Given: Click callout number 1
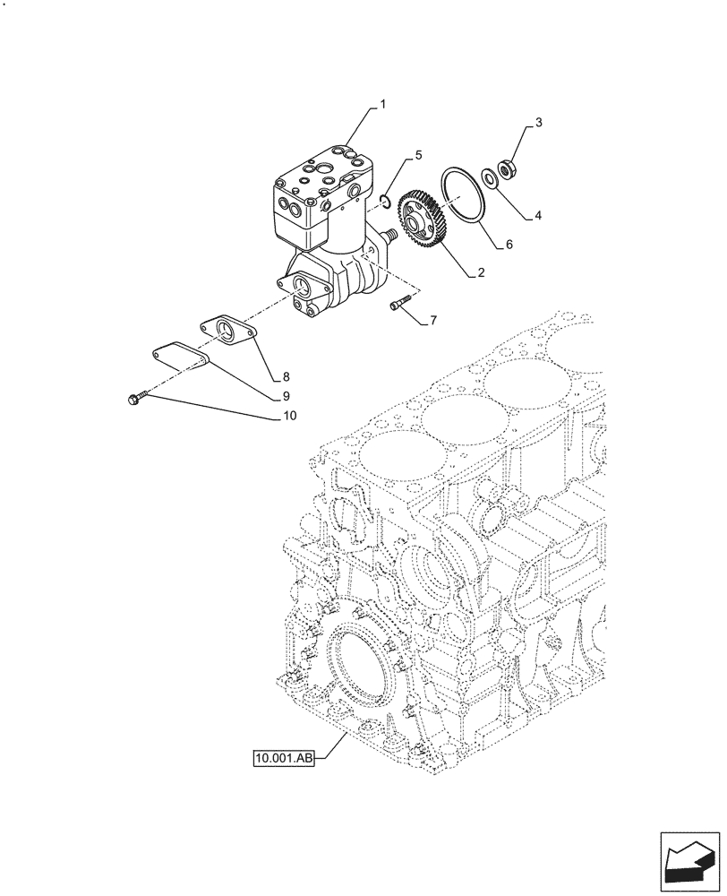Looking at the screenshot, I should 382,105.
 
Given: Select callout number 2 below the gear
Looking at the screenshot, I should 481,273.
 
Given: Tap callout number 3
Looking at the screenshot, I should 539,121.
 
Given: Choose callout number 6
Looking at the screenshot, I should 509,244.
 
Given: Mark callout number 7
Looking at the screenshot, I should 433,320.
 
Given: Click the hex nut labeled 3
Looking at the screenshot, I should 506,168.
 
